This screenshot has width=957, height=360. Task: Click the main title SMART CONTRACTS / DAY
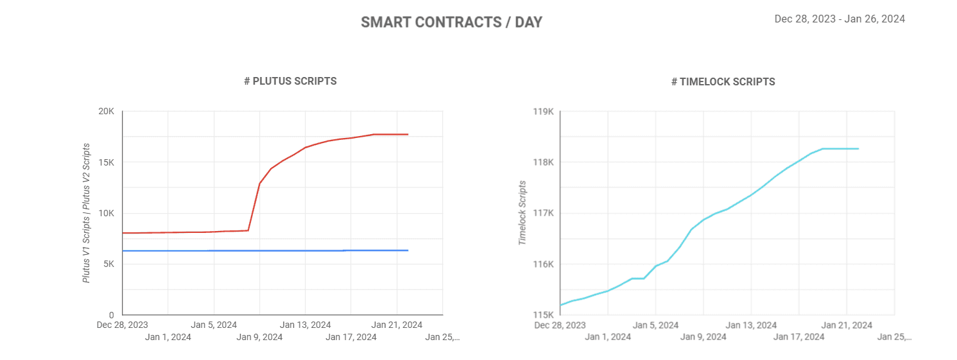point(451,22)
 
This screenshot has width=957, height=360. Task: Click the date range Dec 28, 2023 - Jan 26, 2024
point(840,19)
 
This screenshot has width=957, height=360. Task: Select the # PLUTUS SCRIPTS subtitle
point(290,81)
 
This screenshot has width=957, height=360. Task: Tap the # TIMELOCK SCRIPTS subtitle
point(723,81)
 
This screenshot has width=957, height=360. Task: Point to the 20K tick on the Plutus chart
point(106,112)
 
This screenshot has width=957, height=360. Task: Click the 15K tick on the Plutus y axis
point(106,162)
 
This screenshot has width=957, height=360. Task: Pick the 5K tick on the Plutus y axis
point(108,264)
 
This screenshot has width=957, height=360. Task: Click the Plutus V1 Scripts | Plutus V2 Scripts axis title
point(87,212)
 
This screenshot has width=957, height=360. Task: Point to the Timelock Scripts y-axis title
point(522,212)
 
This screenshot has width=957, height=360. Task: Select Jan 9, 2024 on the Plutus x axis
point(259,336)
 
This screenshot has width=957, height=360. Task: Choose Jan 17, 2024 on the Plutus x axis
point(351,336)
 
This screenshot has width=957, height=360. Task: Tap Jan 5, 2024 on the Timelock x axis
point(655,325)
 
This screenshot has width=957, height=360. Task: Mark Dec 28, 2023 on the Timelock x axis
point(560,325)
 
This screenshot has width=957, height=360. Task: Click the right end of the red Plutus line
point(408,134)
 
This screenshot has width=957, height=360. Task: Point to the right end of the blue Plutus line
point(408,250)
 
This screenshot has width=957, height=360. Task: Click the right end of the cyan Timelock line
point(858,149)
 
